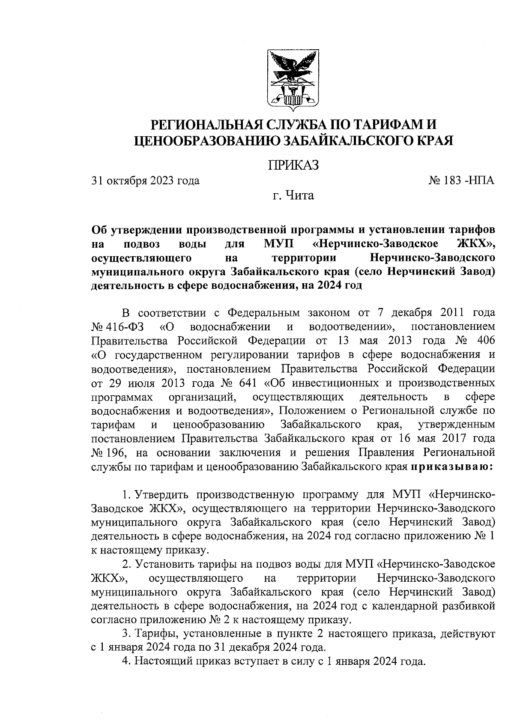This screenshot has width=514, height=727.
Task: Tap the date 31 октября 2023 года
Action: [x=146, y=181]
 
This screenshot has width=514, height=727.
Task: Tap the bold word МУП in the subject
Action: [x=278, y=245]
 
